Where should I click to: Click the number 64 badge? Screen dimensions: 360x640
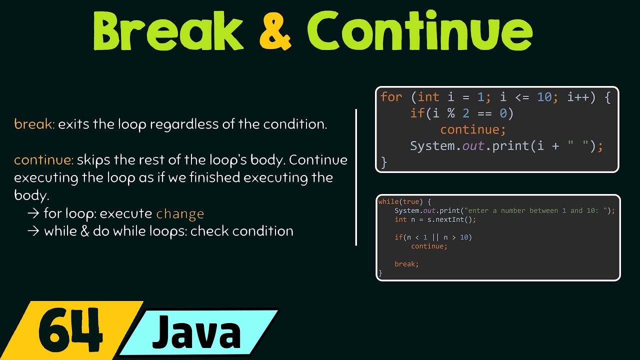click(x=70, y=331)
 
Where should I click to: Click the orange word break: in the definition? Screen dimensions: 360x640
click(x=34, y=124)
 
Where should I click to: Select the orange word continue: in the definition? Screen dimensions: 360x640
click(x=43, y=160)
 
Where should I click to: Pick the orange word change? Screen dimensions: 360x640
click(x=180, y=214)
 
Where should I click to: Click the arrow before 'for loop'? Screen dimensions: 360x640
click(x=33, y=214)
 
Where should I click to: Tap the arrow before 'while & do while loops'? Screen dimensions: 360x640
click(x=33, y=231)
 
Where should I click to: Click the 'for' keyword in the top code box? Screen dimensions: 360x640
click(x=391, y=97)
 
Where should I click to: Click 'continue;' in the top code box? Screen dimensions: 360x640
click(x=473, y=130)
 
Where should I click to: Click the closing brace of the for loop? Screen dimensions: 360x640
click(x=384, y=162)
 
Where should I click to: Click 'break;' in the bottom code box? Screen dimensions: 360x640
click(x=406, y=264)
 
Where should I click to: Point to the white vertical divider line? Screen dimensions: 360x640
click(x=356, y=177)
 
